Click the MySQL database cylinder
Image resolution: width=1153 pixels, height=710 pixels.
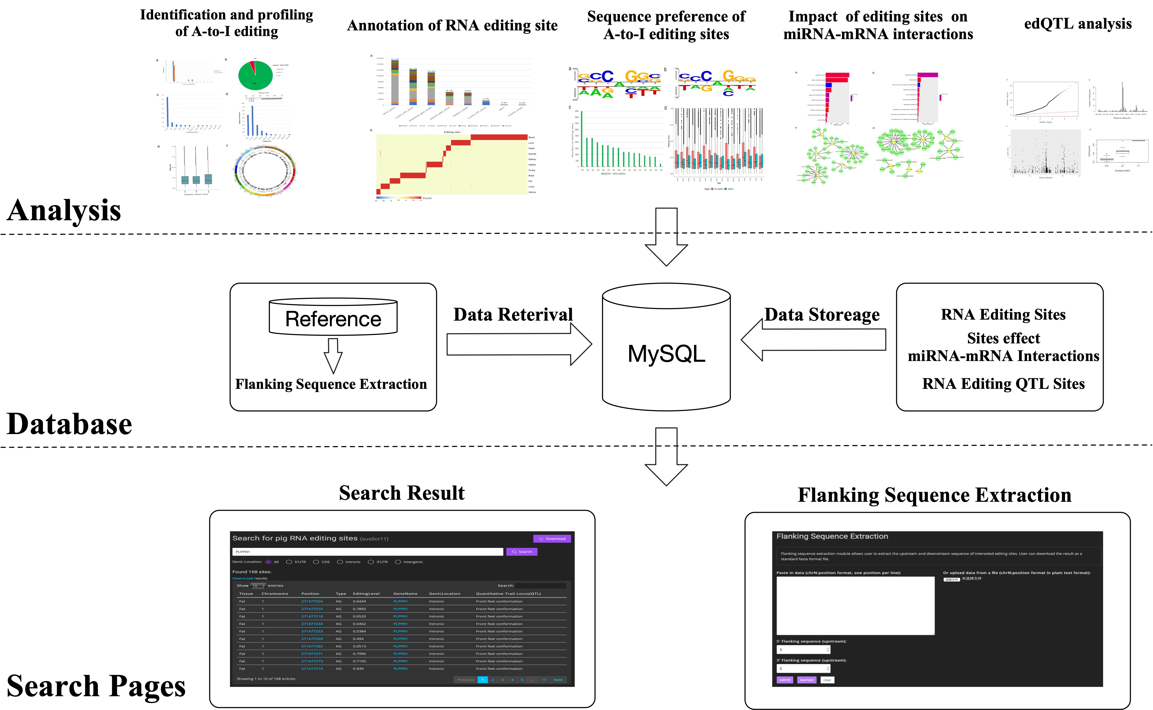coord(666,347)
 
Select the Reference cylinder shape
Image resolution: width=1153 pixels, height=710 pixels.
coord(333,317)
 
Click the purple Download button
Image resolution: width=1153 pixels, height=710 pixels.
coord(552,539)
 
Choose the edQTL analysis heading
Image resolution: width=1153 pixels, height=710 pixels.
coord(1077,24)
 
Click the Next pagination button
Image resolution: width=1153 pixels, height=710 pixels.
coord(558,680)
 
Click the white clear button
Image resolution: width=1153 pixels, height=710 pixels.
coord(827,680)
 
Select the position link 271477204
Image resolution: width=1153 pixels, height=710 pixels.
coord(312,601)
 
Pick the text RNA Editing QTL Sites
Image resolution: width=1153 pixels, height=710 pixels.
coord(1003,384)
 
